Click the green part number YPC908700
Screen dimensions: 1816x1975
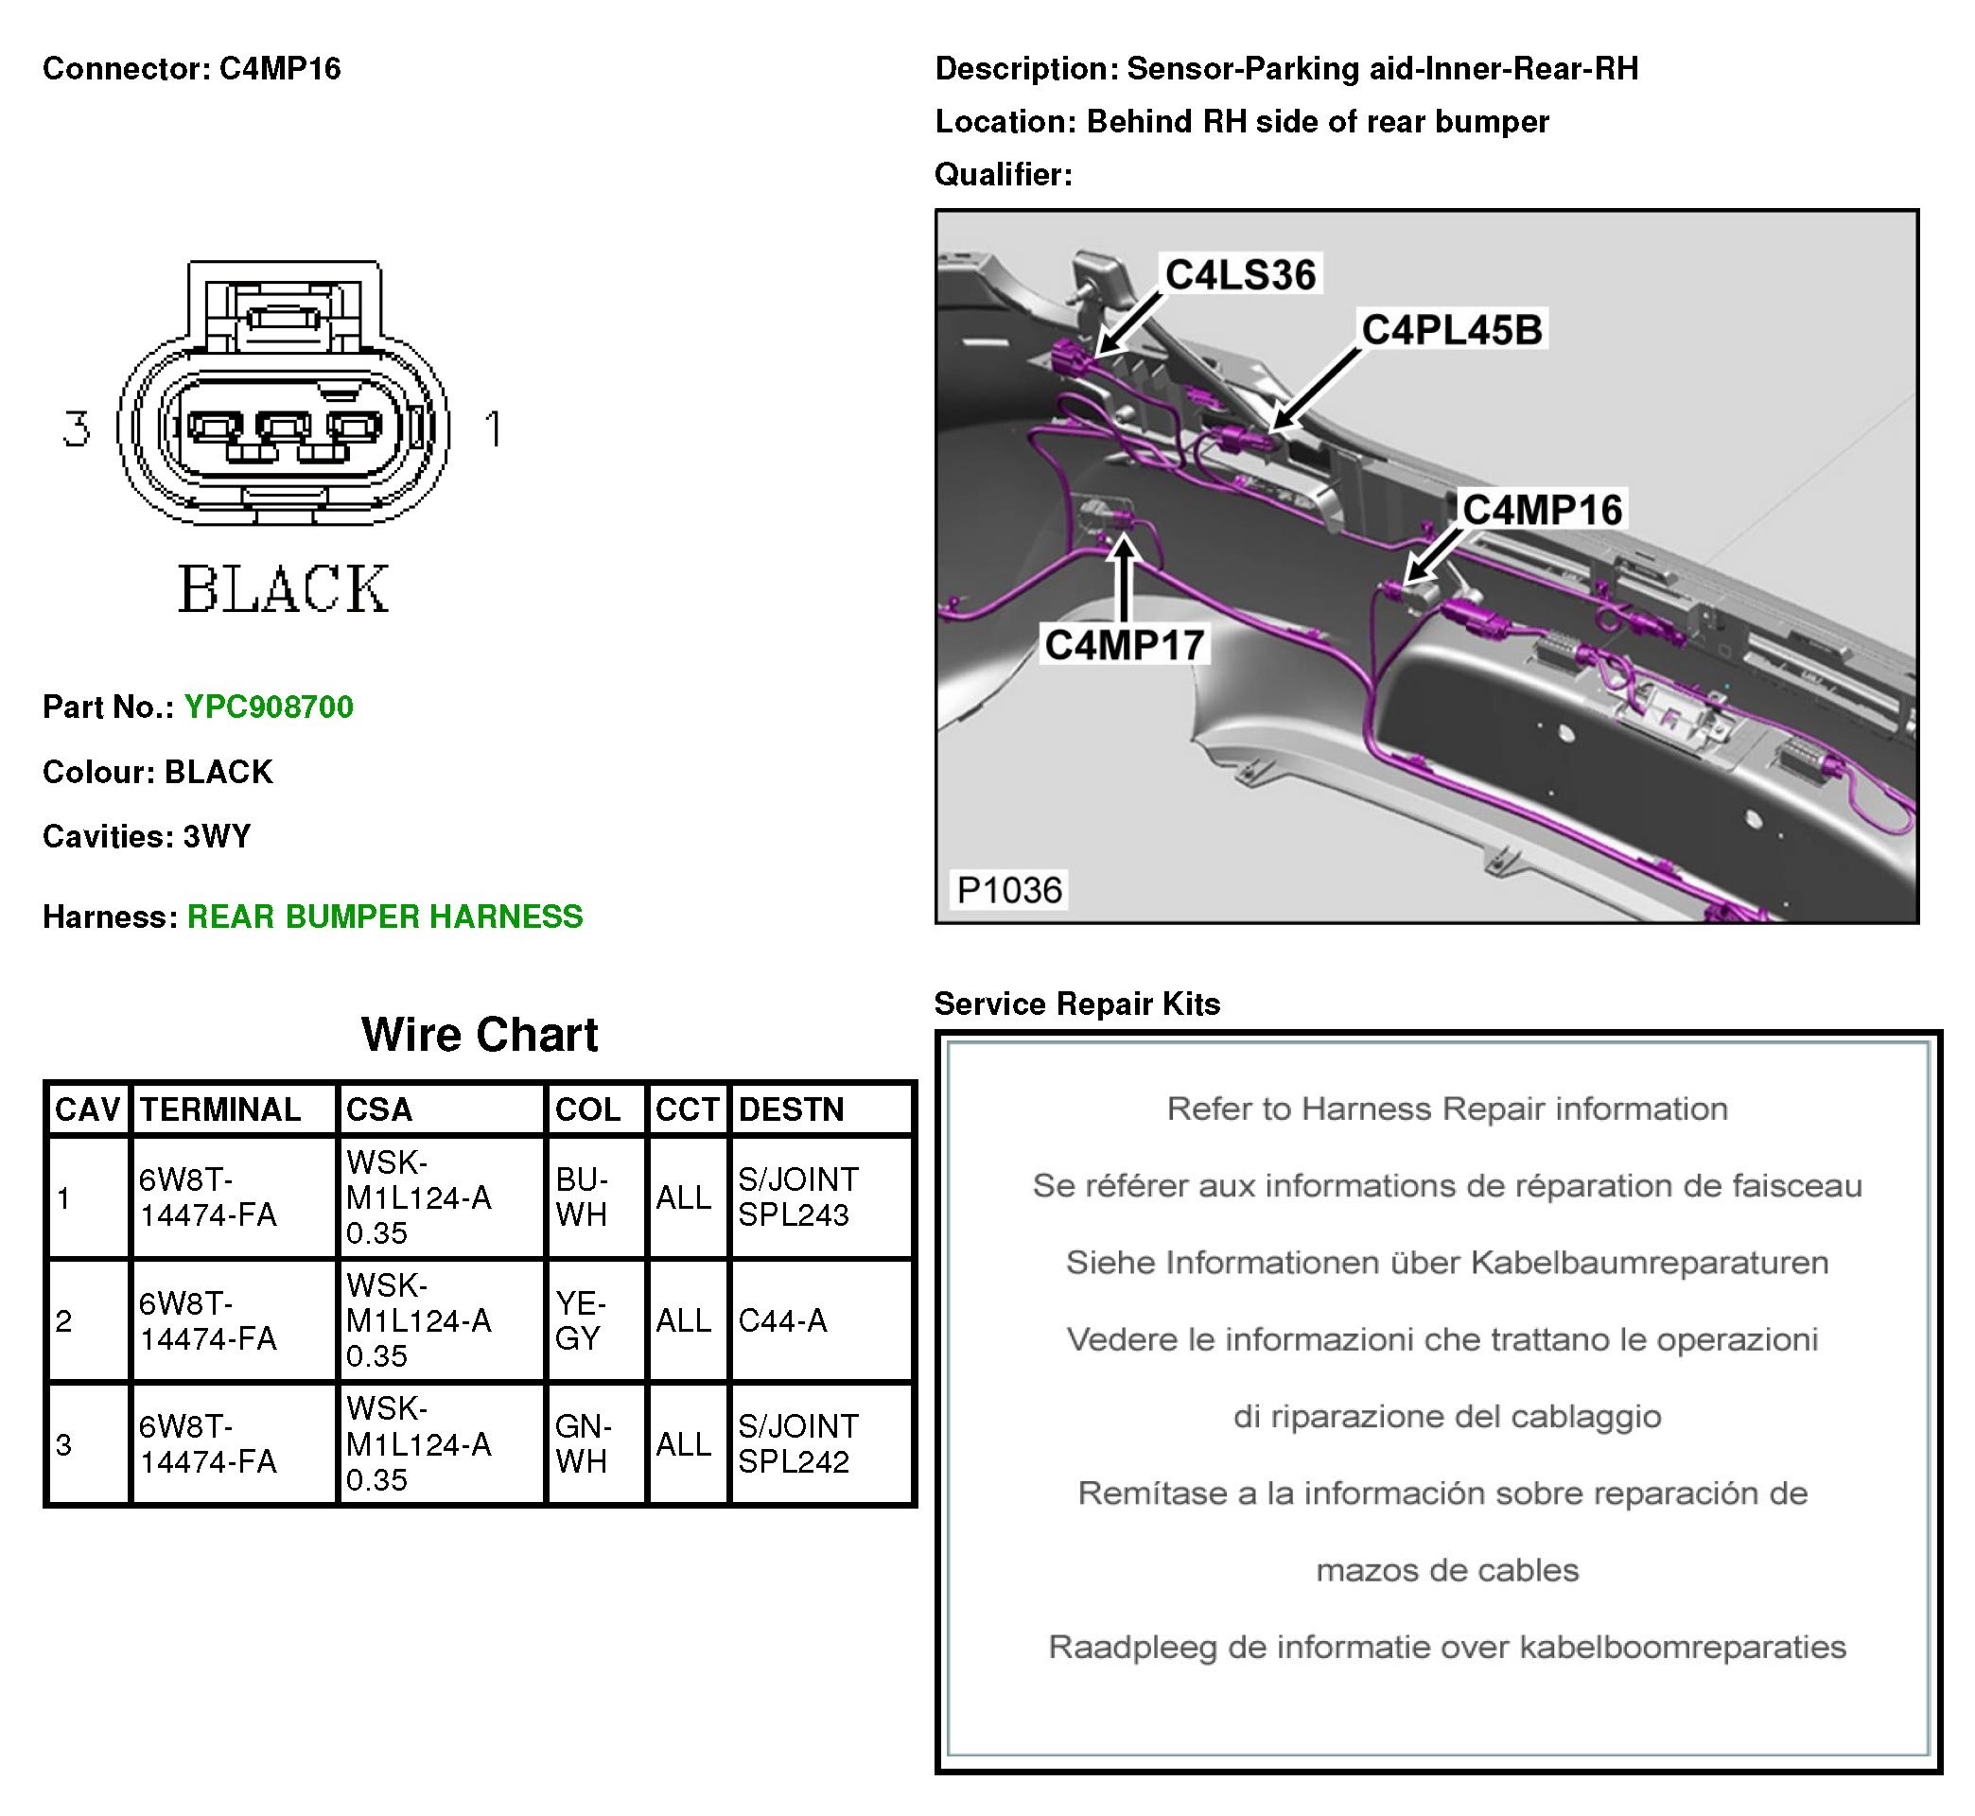(x=269, y=707)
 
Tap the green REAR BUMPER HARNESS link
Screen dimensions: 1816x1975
(x=384, y=917)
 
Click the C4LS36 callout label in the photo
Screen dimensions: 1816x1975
(x=1240, y=274)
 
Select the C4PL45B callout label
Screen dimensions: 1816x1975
(x=1451, y=330)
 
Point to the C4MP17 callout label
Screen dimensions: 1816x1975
(x=1124, y=646)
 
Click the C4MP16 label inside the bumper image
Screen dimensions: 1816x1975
(x=1542, y=510)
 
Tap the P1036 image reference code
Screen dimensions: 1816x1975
(x=1009, y=890)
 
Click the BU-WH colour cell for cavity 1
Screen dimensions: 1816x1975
(x=582, y=1196)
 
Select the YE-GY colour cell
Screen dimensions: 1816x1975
(x=581, y=1319)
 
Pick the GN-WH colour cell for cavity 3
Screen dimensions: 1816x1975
(x=583, y=1443)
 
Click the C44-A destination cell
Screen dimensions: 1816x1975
(x=782, y=1320)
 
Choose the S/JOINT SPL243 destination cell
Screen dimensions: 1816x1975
(x=798, y=1196)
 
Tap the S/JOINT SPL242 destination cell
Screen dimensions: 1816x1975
(x=798, y=1443)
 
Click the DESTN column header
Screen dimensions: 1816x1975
(x=791, y=1109)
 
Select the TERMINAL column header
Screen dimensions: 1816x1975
(x=220, y=1109)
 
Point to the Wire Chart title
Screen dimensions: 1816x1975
(x=480, y=1035)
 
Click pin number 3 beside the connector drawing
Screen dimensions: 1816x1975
(x=77, y=429)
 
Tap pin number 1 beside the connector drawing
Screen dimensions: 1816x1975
(x=493, y=429)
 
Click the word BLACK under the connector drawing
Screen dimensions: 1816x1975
(x=283, y=589)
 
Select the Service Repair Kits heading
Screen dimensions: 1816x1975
(x=1077, y=1004)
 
